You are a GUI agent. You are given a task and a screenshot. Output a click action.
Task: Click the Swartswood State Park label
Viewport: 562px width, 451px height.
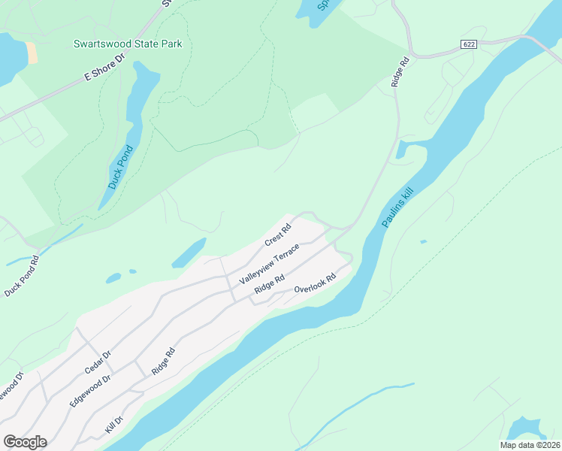point(128,44)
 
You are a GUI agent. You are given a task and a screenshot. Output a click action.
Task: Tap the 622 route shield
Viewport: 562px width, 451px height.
point(469,45)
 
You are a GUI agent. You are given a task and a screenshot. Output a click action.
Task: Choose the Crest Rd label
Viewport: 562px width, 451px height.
point(277,236)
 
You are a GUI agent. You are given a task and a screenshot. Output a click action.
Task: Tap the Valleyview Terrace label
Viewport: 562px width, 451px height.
point(269,264)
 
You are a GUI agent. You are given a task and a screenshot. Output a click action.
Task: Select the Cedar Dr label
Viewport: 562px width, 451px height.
point(98,361)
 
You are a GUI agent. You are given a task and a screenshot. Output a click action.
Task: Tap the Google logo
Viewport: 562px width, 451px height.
point(25,442)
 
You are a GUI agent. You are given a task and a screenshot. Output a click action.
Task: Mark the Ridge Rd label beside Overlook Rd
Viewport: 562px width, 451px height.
point(269,284)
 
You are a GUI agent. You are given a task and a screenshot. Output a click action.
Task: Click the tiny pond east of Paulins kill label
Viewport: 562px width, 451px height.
point(423,241)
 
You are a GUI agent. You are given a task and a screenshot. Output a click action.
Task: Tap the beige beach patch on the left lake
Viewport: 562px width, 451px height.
point(32,52)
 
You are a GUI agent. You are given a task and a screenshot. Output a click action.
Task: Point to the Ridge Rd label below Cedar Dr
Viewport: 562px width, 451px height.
point(163,362)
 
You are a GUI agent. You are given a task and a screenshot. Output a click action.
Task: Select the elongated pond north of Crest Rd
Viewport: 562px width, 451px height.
point(189,253)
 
